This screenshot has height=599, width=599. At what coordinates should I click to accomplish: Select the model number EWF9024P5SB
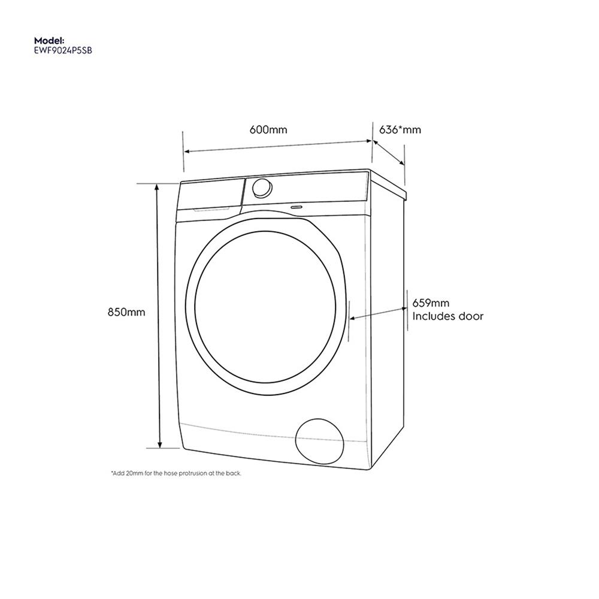(x=63, y=52)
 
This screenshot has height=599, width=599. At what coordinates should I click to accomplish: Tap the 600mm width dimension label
(x=268, y=130)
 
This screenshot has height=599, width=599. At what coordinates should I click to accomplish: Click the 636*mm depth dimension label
(x=400, y=130)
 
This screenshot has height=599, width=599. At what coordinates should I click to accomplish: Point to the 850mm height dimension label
(x=126, y=312)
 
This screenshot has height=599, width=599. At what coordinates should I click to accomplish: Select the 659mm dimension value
(x=431, y=304)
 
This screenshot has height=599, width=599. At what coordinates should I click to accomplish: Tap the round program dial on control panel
(x=261, y=188)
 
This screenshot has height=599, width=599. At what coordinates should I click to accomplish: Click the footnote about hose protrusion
(x=176, y=473)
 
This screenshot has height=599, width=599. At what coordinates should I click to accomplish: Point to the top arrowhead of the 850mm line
(x=159, y=187)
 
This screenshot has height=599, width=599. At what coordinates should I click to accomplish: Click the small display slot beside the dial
(x=296, y=206)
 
